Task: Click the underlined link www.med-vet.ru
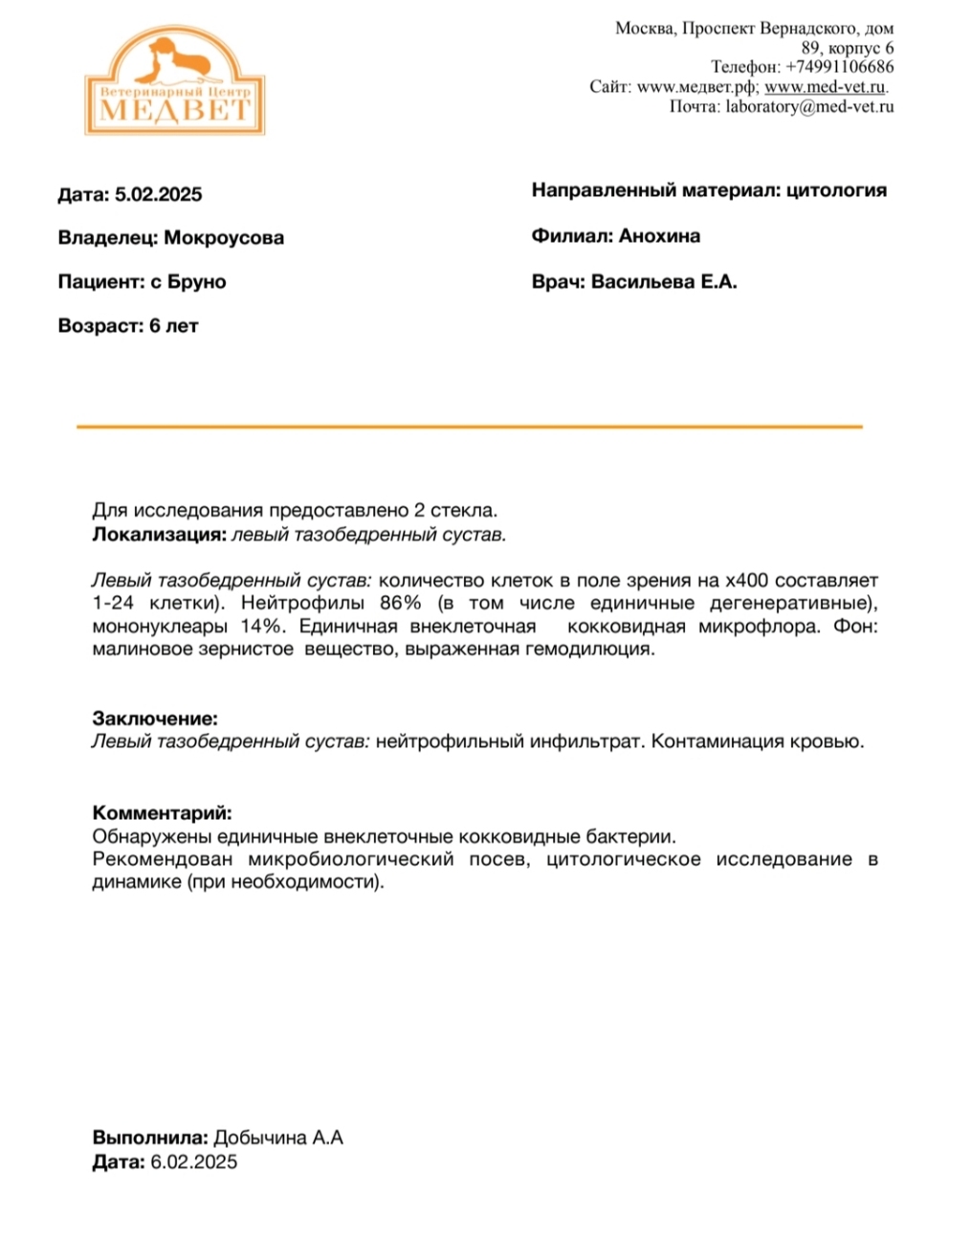pyautogui.click(x=825, y=87)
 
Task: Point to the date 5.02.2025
pyautogui.click(x=158, y=195)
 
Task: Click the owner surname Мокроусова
pyautogui.click(x=224, y=238)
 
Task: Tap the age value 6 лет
pyautogui.click(x=173, y=326)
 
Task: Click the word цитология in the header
pyautogui.click(x=836, y=190)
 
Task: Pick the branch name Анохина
pyautogui.click(x=659, y=236)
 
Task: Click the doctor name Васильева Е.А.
pyautogui.click(x=664, y=282)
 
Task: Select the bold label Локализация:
pyautogui.click(x=160, y=535)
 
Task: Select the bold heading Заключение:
pyautogui.click(x=155, y=718)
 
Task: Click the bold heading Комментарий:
pyautogui.click(x=162, y=814)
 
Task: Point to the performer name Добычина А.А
pyautogui.click(x=277, y=1139)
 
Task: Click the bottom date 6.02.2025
pyautogui.click(x=193, y=1162)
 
